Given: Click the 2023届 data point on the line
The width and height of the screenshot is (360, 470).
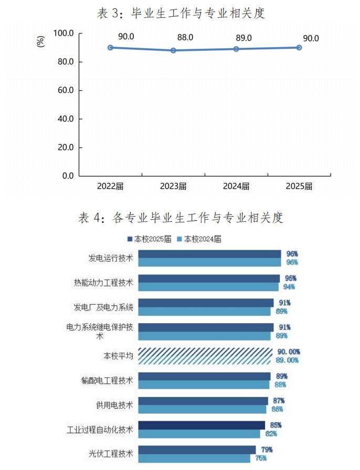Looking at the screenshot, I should point(173,50).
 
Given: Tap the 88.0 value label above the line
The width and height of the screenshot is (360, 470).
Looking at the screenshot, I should point(185,38).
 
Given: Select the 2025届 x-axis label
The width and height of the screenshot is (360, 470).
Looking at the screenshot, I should point(299,187).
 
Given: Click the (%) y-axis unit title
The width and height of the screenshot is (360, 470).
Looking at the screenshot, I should point(41,41).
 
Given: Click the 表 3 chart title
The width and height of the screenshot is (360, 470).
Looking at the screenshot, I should point(181,14).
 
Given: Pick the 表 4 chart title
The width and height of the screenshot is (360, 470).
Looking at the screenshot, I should point(181,218).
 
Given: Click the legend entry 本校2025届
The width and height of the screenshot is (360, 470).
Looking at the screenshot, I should point(149,239).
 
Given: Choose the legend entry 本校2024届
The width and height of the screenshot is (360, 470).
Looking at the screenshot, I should point(199,239).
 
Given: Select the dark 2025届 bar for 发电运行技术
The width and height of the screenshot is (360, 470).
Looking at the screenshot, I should point(209,254).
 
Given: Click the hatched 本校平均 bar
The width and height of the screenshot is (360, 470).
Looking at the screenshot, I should point(205,356).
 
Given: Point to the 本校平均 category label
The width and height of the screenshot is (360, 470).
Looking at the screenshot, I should point(119,356).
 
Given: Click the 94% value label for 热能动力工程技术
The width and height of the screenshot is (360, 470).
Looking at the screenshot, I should point(289,287).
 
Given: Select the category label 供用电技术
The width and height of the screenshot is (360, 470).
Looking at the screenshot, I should point(114,405).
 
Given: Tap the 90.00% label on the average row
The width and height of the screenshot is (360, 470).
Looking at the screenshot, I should point(288,351).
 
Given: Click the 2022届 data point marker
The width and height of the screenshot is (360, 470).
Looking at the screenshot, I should point(110,47).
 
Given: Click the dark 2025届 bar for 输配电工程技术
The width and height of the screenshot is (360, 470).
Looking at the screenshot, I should point(204,376).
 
